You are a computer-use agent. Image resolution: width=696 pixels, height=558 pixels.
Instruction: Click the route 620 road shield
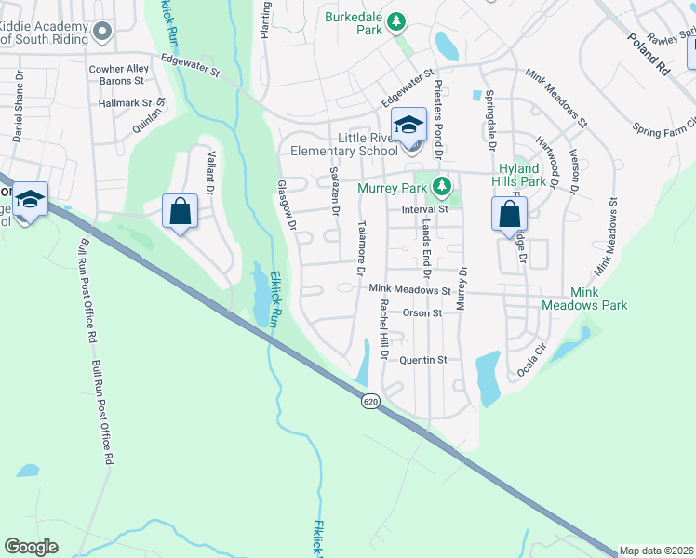[x=370, y=401]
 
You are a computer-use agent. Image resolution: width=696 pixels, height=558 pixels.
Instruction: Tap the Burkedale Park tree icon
[x=396, y=20]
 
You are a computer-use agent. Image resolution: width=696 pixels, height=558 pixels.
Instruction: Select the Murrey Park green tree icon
[x=442, y=188]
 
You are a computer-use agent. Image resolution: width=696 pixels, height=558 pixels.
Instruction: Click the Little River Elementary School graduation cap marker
[x=408, y=125]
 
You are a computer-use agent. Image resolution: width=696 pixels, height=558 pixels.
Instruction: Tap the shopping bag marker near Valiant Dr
[x=181, y=210]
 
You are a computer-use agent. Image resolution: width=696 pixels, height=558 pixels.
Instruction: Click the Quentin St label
[x=423, y=360]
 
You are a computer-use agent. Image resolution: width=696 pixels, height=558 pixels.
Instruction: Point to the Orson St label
[x=422, y=313]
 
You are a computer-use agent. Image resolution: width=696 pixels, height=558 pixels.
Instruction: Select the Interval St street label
[x=424, y=209]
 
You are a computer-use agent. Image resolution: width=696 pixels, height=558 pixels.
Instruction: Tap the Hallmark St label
[x=130, y=103]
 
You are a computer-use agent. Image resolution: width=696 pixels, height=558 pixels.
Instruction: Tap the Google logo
[x=31, y=547]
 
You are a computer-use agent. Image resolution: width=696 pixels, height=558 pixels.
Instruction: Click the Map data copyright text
[x=657, y=551]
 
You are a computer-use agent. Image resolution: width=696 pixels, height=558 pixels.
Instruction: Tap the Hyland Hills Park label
[x=522, y=175]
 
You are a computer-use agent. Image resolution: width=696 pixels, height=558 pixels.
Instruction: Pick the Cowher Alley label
[x=118, y=69]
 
